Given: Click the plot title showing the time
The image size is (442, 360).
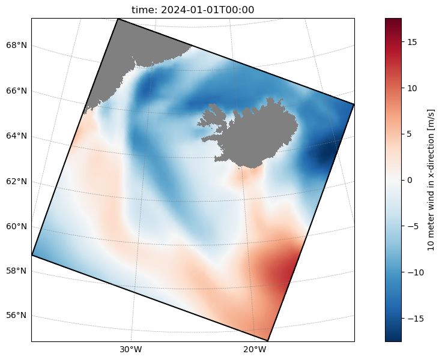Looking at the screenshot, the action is (x=193, y=10).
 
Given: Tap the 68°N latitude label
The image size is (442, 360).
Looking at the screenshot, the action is (x=16, y=45).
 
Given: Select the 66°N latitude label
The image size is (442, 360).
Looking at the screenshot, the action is (x=16, y=91).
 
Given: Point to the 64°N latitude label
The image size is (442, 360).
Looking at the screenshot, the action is (x=16, y=136).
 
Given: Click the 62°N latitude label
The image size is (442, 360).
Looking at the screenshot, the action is (x=16, y=181).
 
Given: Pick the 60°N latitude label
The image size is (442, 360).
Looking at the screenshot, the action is (x=16, y=226).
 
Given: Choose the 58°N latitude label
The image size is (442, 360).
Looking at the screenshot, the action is (x=16, y=271).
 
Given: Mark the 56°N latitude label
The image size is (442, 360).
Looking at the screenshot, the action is (x=16, y=315).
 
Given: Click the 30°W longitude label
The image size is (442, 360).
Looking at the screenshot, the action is (x=131, y=350).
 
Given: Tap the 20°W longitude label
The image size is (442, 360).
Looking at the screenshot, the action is (x=255, y=350).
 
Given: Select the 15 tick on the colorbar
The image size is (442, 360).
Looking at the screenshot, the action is (x=412, y=42).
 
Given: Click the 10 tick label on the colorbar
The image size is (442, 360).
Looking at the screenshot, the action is (x=412, y=88).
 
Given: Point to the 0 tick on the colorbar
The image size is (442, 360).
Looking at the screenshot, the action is (x=410, y=180).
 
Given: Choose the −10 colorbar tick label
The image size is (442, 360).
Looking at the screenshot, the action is (x=415, y=272).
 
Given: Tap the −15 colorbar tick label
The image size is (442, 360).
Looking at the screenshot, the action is (x=415, y=319).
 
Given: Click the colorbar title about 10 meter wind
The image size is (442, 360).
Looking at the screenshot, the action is (x=431, y=180).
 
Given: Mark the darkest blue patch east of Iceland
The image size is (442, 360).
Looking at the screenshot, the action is (x=324, y=154).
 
